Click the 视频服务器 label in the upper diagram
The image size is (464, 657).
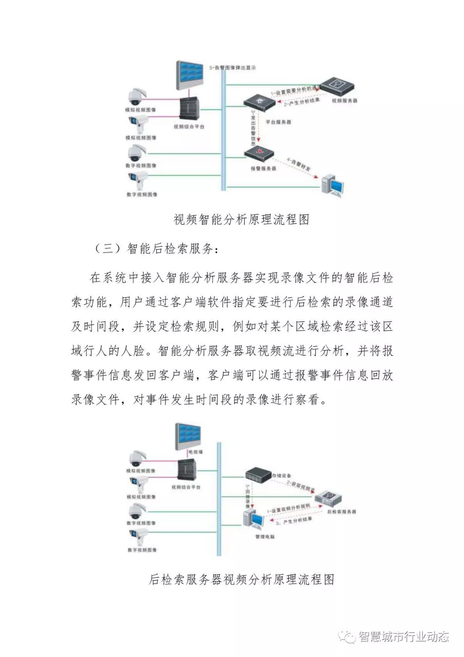pyautogui.click(x=345, y=101)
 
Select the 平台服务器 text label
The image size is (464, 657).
pyautogui.click(x=278, y=122)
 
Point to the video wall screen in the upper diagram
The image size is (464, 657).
pyautogui.click(x=189, y=75)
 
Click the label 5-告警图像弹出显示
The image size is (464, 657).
pyautogui.click(x=232, y=68)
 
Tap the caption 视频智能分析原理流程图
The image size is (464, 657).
pyautogui.click(x=241, y=219)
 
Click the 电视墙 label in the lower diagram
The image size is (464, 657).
pyautogui.click(x=195, y=452)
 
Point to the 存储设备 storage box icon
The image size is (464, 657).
pyautogui.click(x=258, y=475)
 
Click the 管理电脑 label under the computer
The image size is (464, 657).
pyautogui.click(x=265, y=537)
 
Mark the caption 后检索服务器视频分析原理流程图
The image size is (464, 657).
pyautogui.click(x=241, y=579)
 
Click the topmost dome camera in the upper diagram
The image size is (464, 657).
pyautogui.click(x=137, y=96)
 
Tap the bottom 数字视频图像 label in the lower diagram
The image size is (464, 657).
pyautogui.click(x=142, y=550)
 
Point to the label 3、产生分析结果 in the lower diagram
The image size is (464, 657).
pyautogui.click(x=294, y=521)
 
